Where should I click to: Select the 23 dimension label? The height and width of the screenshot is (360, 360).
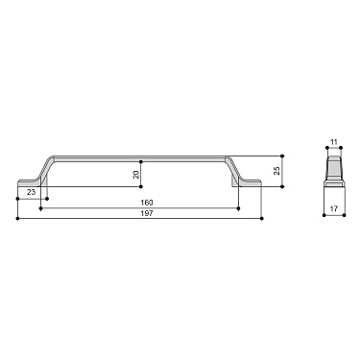pyautogui.click(x=32, y=193)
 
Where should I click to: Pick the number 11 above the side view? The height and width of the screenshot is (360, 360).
pyautogui.click(x=333, y=143)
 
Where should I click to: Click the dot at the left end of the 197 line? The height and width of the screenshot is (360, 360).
pyautogui.click(x=17, y=218)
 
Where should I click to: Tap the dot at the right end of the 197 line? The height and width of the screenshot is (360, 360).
pyautogui.click(x=262, y=218)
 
